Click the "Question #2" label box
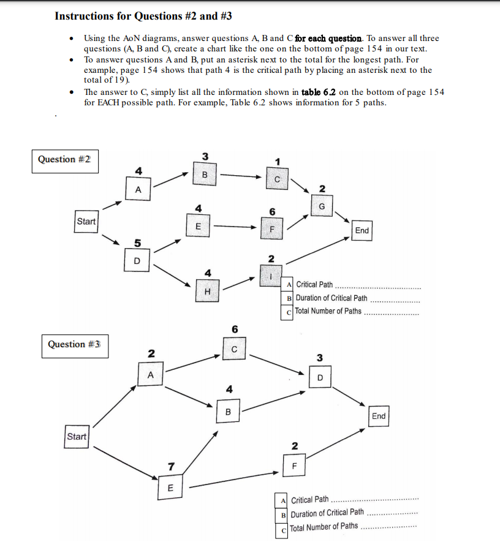(64, 159)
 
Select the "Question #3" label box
(75, 344)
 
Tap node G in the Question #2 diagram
(322, 206)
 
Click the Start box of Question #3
(77, 436)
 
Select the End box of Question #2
(362, 230)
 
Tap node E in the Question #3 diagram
(171, 488)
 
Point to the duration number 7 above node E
(172, 468)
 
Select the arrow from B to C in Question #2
(242, 176)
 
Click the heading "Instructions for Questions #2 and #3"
(143, 16)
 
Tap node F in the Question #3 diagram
(294, 465)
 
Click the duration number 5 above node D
(137, 243)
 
